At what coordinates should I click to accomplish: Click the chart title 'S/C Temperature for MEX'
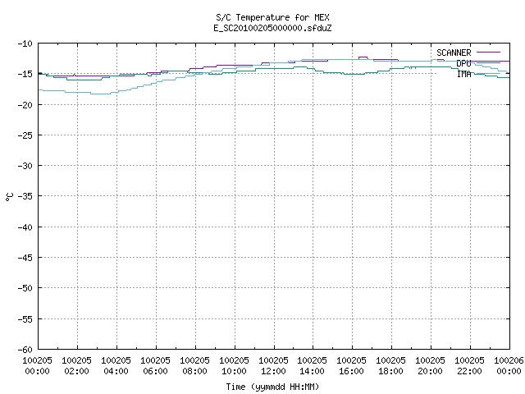tap(272, 17)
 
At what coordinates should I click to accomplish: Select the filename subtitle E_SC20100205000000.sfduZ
tap(272, 28)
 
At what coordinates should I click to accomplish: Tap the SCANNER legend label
tap(454, 53)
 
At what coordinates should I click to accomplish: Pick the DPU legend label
tap(463, 63)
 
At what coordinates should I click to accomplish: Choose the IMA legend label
tap(464, 74)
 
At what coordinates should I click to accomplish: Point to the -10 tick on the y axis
tap(25, 44)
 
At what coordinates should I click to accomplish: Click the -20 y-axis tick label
tap(25, 105)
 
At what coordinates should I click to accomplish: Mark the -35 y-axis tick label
tap(25, 196)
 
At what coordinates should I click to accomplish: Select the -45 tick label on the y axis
tap(25, 258)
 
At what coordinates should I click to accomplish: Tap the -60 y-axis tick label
tap(25, 350)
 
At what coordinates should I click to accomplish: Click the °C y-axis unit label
tap(9, 197)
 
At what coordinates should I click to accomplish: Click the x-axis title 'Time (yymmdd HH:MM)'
tap(272, 387)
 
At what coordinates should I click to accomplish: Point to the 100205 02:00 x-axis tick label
tap(76, 365)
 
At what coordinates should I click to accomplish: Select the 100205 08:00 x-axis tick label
tap(195, 365)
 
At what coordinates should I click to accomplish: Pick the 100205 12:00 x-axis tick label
tap(273, 365)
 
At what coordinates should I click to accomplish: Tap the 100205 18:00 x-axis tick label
tap(390, 365)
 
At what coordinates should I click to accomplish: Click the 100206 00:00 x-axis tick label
tap(509, 365)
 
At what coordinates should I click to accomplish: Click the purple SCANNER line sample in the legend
tap(488, 53)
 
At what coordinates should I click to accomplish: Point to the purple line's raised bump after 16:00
tap(363, 57)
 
